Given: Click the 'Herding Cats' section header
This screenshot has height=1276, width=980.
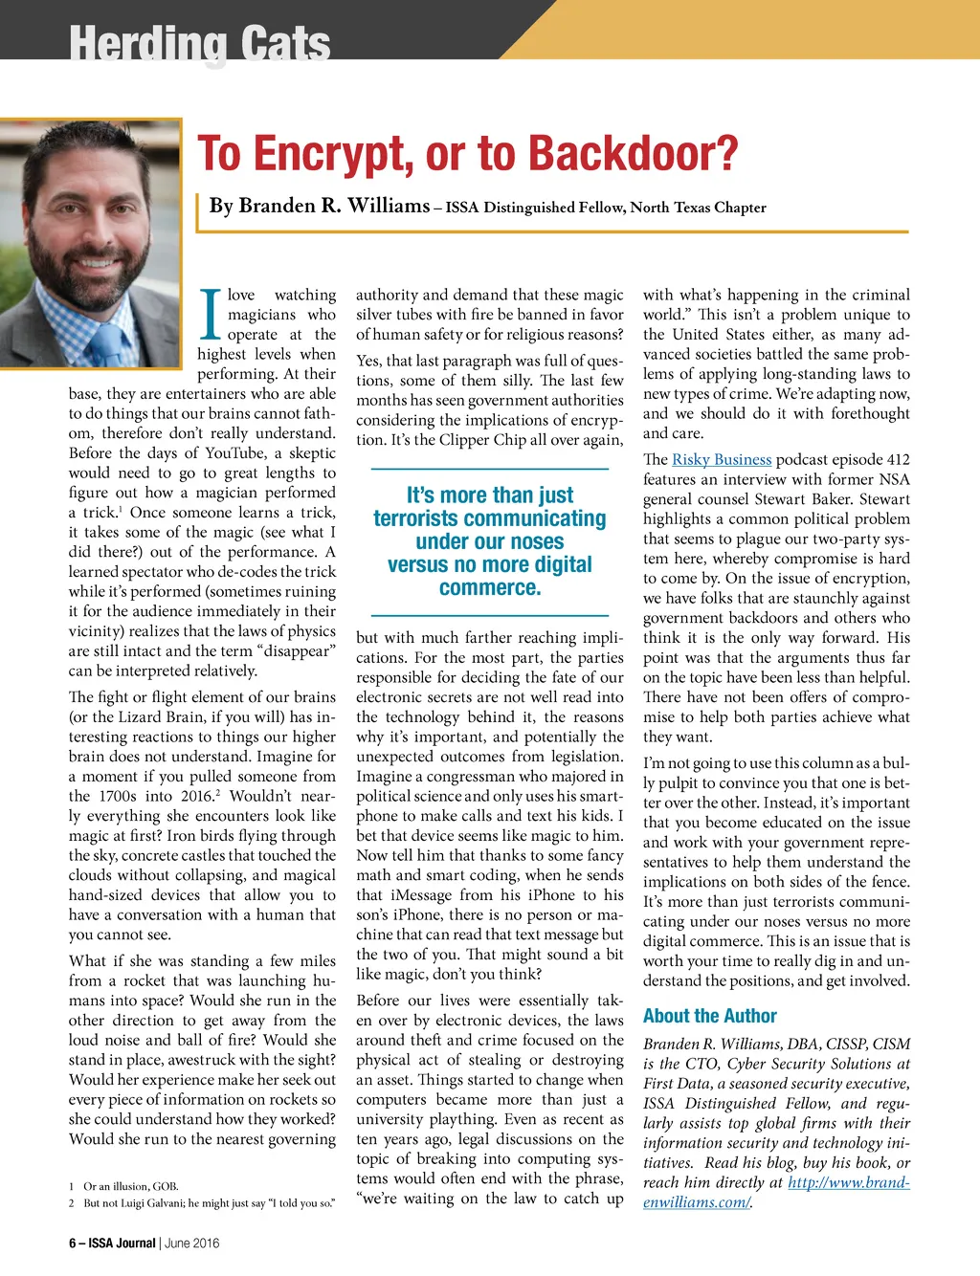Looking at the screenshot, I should [200, 42].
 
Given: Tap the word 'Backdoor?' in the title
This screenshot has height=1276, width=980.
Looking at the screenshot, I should [633, 154].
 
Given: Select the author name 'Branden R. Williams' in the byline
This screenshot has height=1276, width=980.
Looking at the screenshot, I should [320, 206].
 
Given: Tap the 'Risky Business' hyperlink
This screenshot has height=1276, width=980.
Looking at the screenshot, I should [721, 459].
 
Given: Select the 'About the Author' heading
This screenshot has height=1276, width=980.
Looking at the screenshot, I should [709, 1016].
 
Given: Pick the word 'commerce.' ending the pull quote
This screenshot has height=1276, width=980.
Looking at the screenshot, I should [490, 587].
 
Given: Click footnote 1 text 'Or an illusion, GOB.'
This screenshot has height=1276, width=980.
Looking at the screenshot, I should [131, 1186].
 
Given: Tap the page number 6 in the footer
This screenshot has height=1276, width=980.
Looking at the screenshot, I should [73, 1243].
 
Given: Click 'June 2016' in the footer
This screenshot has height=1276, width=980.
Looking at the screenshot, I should [191, 1243].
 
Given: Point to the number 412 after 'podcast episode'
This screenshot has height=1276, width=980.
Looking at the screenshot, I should [897, 459].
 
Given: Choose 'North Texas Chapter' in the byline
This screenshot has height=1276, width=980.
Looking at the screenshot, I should [698, 208].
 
